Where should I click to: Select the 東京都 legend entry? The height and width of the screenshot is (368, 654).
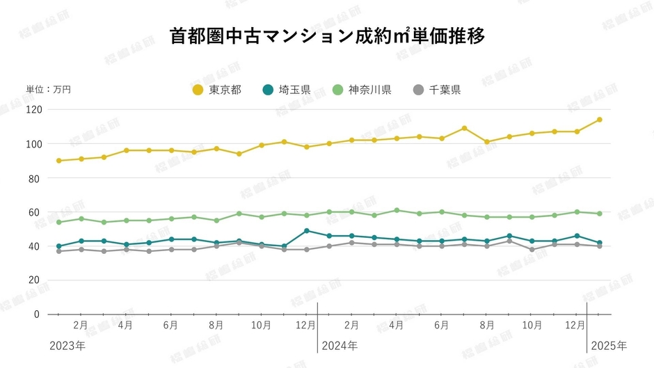click(x=217, y=90)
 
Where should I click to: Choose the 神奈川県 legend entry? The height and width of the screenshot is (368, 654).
click(x=362, y=90)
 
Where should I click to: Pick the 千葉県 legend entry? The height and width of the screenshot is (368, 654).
click(x=437, y=90)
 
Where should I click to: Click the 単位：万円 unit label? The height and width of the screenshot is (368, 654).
click(x=48, y=90)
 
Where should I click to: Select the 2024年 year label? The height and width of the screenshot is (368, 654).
click(x=340, y=346)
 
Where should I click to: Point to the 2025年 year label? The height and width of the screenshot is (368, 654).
click(x=608, y=346)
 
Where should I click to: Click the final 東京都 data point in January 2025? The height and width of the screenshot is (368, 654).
click(x=599, y=120)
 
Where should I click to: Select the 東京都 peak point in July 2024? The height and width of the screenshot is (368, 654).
click(x=464, y=128)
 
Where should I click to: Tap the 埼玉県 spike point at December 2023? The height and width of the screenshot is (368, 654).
click(x=307, y=231)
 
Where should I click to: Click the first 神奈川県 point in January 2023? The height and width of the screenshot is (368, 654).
click(x=59, y=223)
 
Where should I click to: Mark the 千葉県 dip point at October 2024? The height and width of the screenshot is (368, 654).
click(x=532, y=250)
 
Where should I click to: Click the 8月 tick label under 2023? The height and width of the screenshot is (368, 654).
click(x=216, y=325)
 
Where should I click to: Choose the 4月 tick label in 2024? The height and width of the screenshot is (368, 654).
click(x=397, y=325)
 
